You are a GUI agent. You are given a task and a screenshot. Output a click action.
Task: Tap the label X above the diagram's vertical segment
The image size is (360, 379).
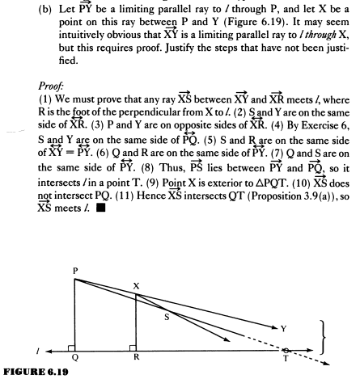click(x=136, y=284)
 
